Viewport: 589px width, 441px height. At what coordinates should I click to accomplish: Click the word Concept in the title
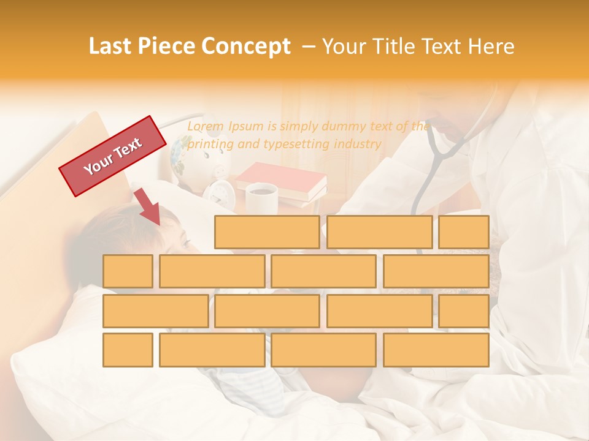point(246,47)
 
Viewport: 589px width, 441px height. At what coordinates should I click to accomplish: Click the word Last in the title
point(111,47)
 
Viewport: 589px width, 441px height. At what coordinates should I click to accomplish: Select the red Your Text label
point(113,156)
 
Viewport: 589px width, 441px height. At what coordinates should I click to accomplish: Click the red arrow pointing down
point(147,206)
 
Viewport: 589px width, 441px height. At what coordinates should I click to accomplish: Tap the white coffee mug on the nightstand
point(261,198)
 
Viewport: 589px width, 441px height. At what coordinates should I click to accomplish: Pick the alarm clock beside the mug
point(219,192)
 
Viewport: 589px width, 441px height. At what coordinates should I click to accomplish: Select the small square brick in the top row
point(464,232)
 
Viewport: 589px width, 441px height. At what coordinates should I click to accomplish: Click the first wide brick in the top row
point(267,232)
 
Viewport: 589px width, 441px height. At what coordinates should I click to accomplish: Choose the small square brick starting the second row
point(128,271)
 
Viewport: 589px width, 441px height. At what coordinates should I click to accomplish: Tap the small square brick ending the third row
point(464,311)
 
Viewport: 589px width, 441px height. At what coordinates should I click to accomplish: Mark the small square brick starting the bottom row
point(128,350)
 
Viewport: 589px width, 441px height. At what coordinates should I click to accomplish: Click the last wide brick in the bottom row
point(436,350)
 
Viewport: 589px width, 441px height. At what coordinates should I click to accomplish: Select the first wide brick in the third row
point(155,311)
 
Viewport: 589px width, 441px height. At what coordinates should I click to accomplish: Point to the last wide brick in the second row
point(436,271)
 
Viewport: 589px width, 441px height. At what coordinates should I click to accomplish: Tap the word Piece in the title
point(167,47)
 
